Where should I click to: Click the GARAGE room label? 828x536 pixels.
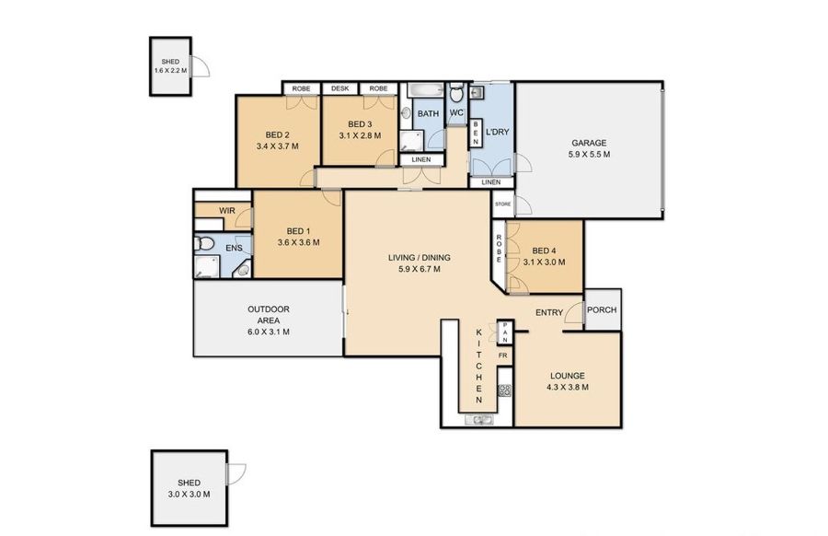[589, 143]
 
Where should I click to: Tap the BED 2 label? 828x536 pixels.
[277, 134]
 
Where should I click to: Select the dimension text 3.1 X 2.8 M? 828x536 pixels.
[360, 135]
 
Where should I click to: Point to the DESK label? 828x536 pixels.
[340, 88]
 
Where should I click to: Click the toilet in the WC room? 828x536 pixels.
[456, 94]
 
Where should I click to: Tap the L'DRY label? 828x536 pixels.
[497, 131]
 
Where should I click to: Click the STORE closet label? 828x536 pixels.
[502, 204]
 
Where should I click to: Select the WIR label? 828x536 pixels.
[227, 210]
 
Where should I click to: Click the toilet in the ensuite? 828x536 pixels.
[204, 244]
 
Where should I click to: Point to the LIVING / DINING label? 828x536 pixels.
[420, 258]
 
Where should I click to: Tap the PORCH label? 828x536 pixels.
[602, 309]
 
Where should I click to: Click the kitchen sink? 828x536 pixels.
[479, 420]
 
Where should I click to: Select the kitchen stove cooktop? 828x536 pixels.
[505, 390]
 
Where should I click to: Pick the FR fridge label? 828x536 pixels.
[502, 355]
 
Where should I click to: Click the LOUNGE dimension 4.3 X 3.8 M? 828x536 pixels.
[568, 387]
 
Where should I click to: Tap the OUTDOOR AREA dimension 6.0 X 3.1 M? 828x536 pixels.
[269, 332]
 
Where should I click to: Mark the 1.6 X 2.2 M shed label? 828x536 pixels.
[170, 70]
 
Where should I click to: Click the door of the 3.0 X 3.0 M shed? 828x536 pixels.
[236, 473]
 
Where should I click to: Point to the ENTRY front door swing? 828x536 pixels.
[573, 313]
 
